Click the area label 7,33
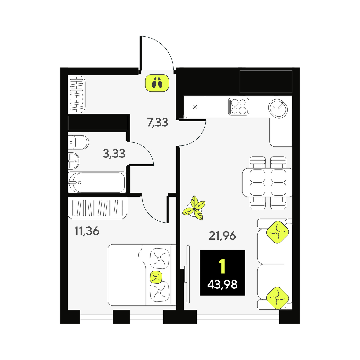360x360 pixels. [x=157, y=123]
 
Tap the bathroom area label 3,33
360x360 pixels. [x=114, y=154]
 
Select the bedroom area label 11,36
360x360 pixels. [x=87, y=231]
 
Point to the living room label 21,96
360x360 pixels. [x=222, y=236]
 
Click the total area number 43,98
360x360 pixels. [x=222, y=285]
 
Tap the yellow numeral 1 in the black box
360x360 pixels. [x=222, y=266]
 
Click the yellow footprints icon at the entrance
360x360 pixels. [x=157, y=83]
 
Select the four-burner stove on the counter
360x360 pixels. [x=239, y=107]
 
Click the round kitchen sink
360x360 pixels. [x=278, y=109]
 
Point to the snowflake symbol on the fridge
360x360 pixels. [x=195, y=107]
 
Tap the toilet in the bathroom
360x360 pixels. [x=78, y=142]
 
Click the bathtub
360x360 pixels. [x=97, y=182]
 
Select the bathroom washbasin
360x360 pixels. [x=73, y=161]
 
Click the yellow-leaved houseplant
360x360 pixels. [x=194, y=208]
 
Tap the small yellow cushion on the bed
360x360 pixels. [x=156, y=277]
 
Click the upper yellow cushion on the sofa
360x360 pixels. [x=277, y=232]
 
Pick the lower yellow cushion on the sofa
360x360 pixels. [x=277, y=298]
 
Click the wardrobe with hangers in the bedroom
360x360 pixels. [x=97, y=208]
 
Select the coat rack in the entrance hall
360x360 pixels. [x=76, y=95]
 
